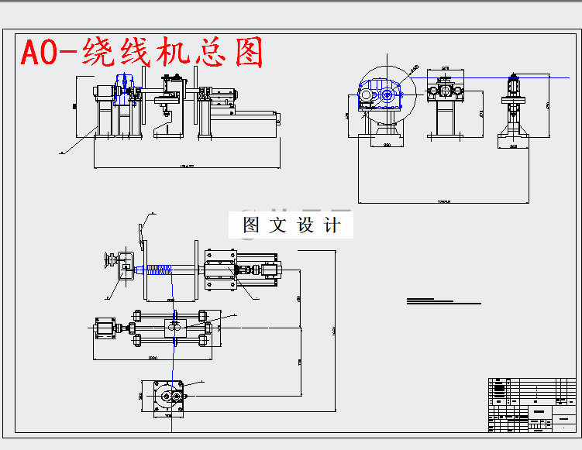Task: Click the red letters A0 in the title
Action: point(39,53)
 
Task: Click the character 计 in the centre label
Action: point(331,225)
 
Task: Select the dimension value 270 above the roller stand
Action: point(446,70)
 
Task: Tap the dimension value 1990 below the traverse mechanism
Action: point(152,358)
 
